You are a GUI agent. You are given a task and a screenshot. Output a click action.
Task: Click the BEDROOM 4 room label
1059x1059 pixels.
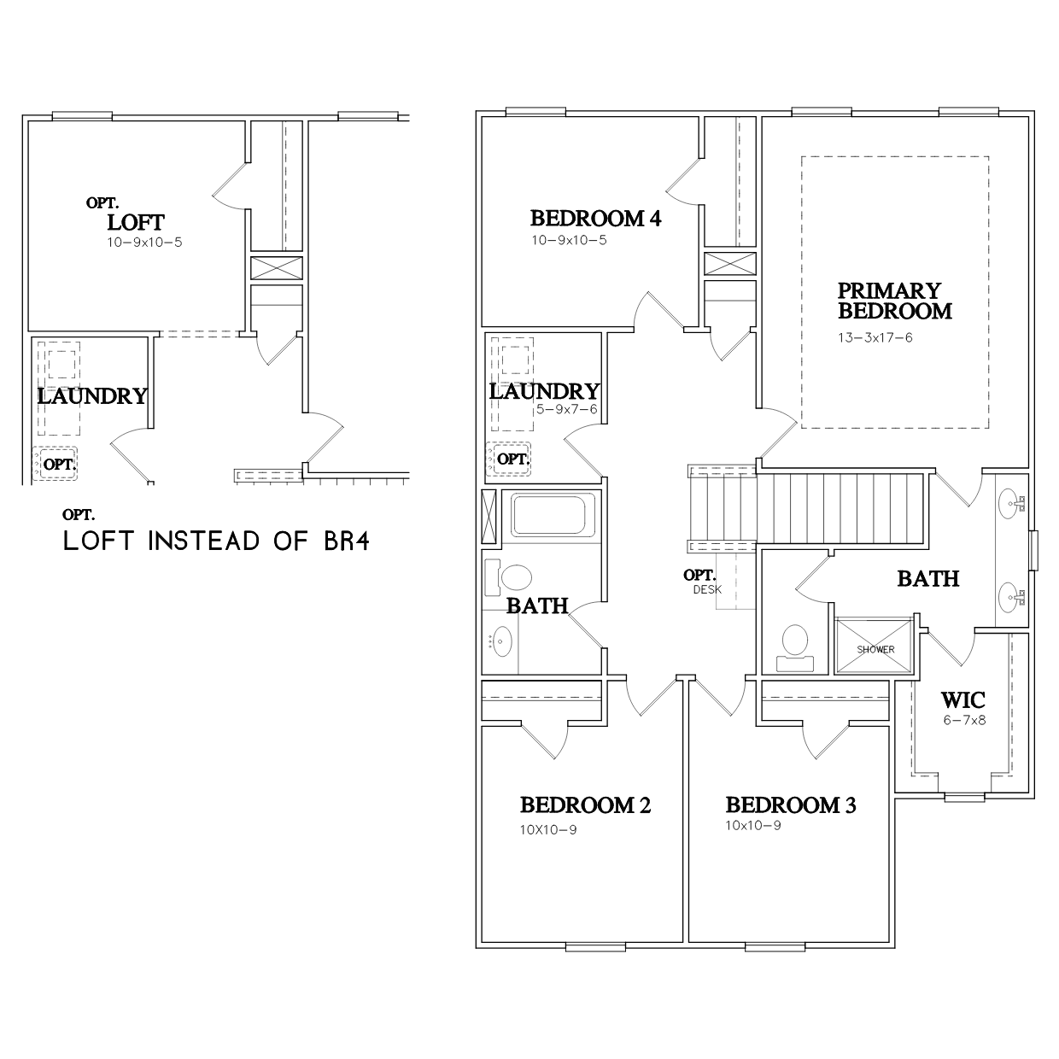coord(596,219)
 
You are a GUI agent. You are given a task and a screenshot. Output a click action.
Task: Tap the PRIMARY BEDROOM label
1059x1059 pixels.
coord(894,301)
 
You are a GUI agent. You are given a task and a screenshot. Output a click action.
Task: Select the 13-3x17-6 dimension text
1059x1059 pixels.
coord(875,337)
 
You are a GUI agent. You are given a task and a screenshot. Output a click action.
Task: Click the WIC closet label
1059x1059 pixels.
coord(962,700)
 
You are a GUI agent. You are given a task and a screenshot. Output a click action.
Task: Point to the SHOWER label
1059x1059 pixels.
coord(875,650)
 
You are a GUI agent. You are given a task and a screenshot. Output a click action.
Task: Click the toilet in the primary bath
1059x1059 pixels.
coord(794,648)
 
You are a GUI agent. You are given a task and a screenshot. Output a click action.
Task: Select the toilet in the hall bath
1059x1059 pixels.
coord(508,578)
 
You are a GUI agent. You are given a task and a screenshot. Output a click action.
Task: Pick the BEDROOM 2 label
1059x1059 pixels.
coord(585,805)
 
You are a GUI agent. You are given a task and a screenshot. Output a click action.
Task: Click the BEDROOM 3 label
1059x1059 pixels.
coord(791,805)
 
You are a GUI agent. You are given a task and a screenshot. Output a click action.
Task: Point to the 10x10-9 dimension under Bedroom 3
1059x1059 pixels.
coord(753,826)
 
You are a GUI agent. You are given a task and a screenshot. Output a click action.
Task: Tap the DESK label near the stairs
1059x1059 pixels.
coord(707,589)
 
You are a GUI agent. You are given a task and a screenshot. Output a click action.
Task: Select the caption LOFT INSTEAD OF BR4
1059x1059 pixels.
coord(216,541)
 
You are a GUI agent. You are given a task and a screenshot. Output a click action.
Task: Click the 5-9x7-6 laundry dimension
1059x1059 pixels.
coord(566,409)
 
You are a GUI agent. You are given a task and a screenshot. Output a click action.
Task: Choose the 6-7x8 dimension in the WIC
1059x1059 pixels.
coord(964,720)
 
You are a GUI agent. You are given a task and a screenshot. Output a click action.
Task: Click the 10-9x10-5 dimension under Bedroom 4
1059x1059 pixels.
coord(569,240)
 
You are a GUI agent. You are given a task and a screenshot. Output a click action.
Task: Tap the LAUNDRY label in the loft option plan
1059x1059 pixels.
coord(92,396)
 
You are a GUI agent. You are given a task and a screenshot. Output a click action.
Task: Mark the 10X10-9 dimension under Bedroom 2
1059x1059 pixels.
coord(548,830)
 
